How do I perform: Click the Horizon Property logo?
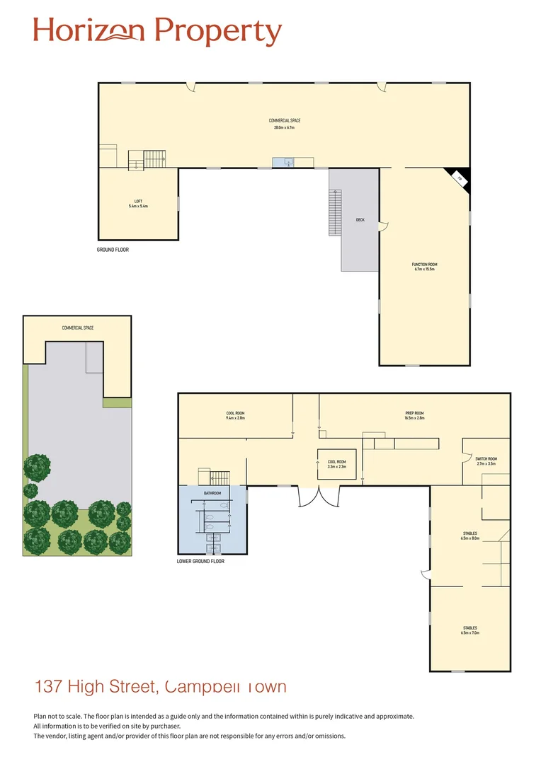pyautogui.click(x=157, y=31)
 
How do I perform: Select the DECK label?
pyautogui.click(x=360, y=220)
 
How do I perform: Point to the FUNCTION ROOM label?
pyautogui.click(x=424, y=265)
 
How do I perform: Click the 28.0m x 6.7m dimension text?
pyautogui.click(x=284, y=127)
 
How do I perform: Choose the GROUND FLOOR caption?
pyautogui.click(x=113, y=250)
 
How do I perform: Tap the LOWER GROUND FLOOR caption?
pyautogui.click(x=200, y=561)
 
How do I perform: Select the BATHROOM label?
pyautogui.click(x=212, y=493)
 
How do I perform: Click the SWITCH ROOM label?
pyautogui.click(x=486, y=459)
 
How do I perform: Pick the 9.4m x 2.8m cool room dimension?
pyautogui.click(x=235, y=418)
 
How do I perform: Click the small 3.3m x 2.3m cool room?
pyautogui.click(x=336, y=464)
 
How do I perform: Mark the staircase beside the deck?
pyautogui.click(x=335, y=212)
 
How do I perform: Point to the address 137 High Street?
pyautogui.click(x=160, y=686)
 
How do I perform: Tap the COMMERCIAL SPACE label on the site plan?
pyautogui.click(x=78, y=328)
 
